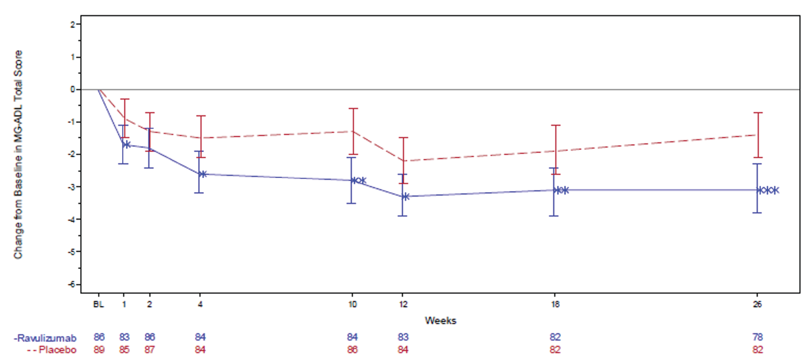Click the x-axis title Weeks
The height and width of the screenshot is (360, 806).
pos(440,320)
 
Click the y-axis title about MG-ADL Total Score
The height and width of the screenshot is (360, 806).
pos(18,155)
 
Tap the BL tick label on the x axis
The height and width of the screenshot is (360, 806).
pos(99,304)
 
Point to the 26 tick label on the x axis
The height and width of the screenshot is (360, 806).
pos(757,304)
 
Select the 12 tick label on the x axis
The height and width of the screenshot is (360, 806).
pos(403,304)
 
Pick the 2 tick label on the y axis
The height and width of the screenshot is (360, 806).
pos(73,24)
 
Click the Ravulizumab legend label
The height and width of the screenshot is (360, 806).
pos(45,338)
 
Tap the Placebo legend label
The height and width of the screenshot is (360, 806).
pos(52,349)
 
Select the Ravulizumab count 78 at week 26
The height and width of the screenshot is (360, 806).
pos(758,337)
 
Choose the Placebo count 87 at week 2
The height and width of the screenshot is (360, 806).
pos(150,349)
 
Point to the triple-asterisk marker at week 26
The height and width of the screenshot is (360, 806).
pos(768,190)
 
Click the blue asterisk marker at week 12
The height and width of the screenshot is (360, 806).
pos(405,197)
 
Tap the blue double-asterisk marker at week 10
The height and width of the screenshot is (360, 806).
pos(358,180)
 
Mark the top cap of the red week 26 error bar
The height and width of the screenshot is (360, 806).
pos(758,113)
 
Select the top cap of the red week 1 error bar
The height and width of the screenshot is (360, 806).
pos(125,99)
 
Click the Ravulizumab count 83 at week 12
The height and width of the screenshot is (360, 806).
pos(403,337)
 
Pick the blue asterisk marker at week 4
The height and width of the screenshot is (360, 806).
pos(203,174)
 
